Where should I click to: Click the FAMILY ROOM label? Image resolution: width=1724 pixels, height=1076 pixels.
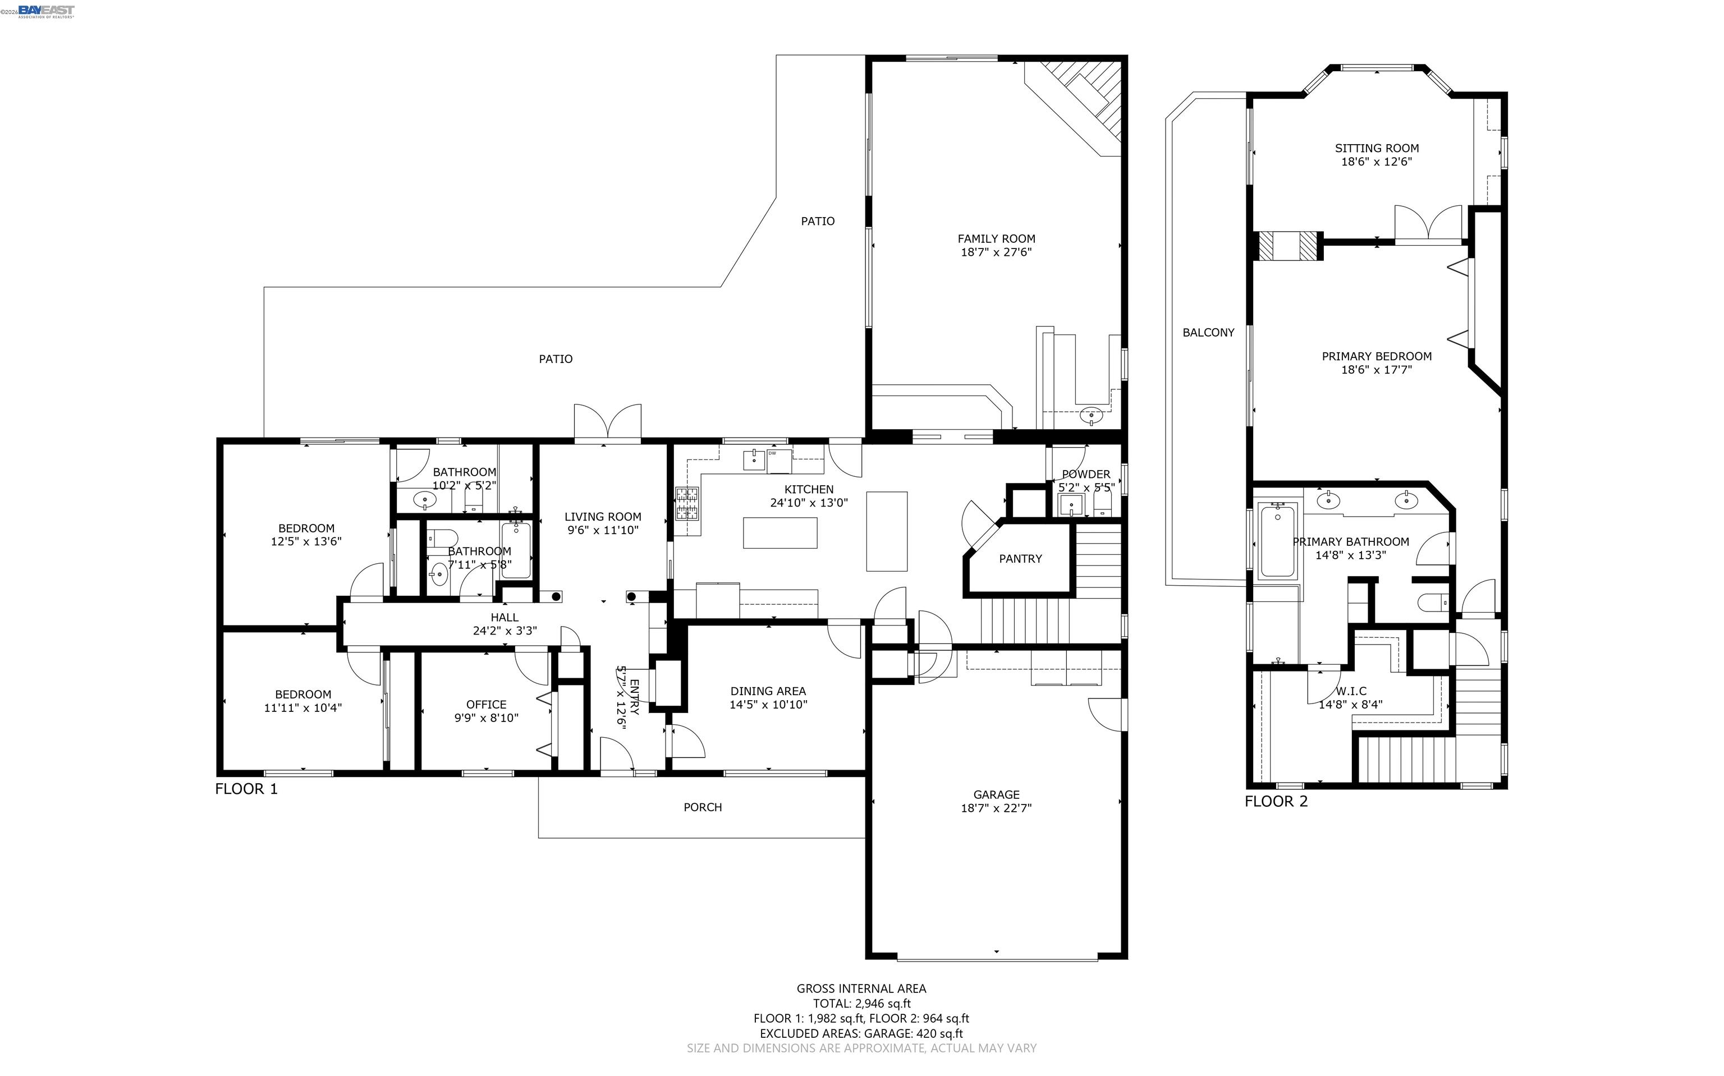tap(996, 238)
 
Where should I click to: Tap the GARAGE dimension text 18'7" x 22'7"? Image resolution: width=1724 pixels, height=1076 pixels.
tap(996, 808)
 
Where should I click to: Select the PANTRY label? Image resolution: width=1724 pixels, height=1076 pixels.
tap(1020, 559)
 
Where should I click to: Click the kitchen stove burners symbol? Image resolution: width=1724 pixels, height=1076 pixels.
tap(687, 503)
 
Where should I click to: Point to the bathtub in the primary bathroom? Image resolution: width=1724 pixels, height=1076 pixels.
tap(1278, 541)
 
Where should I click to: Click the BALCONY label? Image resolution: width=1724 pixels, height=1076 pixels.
tap(1208, 332)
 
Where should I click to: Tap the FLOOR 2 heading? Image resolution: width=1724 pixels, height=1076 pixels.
tap(1276, 801)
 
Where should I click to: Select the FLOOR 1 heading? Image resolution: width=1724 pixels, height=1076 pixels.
tap(246, 789)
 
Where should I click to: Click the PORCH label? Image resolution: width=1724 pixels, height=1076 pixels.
tap(703, 807)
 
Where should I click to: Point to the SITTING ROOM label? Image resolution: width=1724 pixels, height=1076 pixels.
tap(1376, 148)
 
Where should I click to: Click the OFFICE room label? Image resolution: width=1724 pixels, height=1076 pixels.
tap(486, 705)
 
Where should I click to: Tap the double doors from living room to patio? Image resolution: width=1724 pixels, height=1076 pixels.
tap(607, 423)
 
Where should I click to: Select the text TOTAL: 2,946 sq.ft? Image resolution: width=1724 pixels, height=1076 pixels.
tap(861, 1004)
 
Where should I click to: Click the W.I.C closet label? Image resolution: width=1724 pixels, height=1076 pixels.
tap(1350, 691)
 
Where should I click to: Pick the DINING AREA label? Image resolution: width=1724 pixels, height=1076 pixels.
tap(768, 691)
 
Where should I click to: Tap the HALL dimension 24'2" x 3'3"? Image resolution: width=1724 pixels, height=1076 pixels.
tap(504, 631)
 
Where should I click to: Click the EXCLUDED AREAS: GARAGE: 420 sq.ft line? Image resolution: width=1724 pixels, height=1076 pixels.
tap(861, 1033)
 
